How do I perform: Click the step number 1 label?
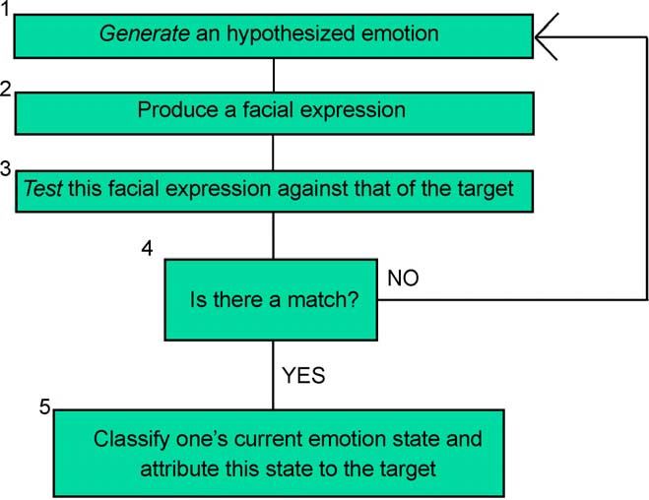point(5,8)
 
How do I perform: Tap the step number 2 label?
point(5,88)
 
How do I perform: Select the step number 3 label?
point(5,168)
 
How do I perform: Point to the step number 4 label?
point(148,248)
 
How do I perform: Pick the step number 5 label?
point(44,406)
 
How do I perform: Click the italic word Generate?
point(145,33)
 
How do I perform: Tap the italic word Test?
point(43,188)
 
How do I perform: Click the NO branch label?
point(403,278)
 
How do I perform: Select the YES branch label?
point(303,376)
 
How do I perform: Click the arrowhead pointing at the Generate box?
point(547,36)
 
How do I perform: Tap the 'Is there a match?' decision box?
point(271,300)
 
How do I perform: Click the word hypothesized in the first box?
point(291,33)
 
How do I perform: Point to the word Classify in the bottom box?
point(131,440)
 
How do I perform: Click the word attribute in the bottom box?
point(179,469)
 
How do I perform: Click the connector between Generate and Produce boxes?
point(274,75)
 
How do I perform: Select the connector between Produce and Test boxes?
point(273,153)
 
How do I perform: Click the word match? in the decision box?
point(323,299)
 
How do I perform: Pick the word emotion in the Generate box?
point(400,33)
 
